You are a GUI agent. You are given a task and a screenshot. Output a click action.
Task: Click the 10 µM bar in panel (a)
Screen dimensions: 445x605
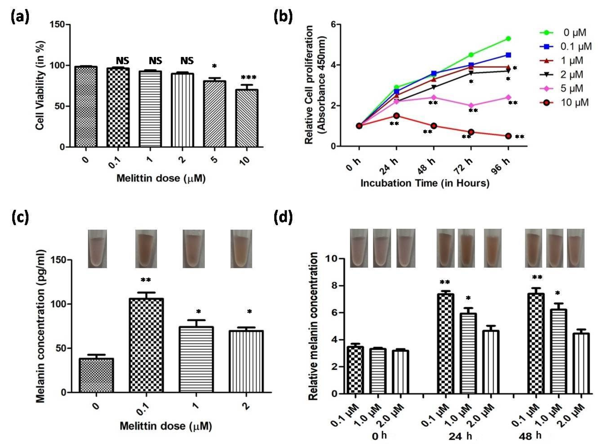click(x=246, y=118)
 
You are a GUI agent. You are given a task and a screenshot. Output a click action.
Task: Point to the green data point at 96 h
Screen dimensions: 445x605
click(x=508, y=39)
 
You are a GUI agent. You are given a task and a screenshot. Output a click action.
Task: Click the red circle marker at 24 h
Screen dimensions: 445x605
click(x=396, y=116)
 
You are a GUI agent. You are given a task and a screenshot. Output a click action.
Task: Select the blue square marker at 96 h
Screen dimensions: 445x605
click(x=508, y=55)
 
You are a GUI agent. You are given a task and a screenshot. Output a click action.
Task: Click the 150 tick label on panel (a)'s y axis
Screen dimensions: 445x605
click(x=57, y=24)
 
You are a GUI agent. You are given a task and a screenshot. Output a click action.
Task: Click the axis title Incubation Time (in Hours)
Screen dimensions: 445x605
click(x=425, y=183)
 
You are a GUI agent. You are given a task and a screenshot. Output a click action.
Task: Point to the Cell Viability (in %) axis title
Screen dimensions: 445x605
click(x=40, y=85)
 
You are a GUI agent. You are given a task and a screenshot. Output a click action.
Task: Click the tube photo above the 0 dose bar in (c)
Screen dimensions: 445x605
click(x=97, y=249)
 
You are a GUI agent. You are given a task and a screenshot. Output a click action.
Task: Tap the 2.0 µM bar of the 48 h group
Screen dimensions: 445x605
click(x=581, y=364)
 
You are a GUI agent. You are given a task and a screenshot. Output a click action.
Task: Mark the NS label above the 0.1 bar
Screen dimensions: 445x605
click(x=122, y=61)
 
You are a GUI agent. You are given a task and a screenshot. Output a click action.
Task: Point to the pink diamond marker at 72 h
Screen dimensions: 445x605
click(x=471, y=106)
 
